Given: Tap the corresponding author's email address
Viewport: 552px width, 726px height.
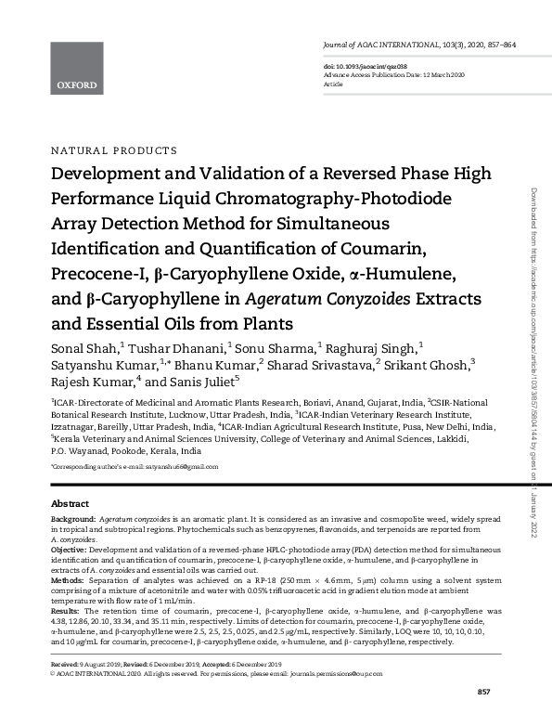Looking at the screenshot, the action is (167, 466).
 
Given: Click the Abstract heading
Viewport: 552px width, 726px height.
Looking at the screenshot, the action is (70, 502).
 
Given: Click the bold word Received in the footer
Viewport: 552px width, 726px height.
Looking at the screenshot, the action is (66, 664).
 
